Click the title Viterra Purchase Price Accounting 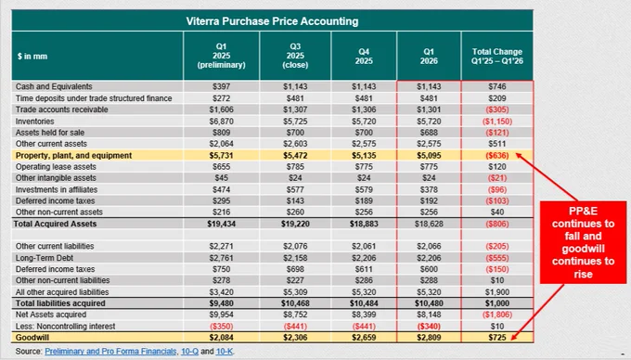[272, 21]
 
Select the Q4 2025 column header [364, 57]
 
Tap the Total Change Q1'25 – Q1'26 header [497, 57]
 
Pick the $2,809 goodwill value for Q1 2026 [429, 338]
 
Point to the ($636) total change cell [497, 155]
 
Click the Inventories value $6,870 [222, 121]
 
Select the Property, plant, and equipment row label [73, 155]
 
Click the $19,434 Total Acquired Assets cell [222, 224]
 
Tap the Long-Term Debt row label [39, 258]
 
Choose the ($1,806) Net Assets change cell [497, 315]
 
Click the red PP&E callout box [583, 242]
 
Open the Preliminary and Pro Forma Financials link [110, 351]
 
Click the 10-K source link [225, 351]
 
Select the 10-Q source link [189, 351]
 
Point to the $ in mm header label [32, 57]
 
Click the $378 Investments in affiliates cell [429, 189]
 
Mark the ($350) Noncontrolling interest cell [222, 327]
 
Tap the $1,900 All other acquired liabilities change [497, 292]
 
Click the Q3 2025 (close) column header [295, 56]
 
